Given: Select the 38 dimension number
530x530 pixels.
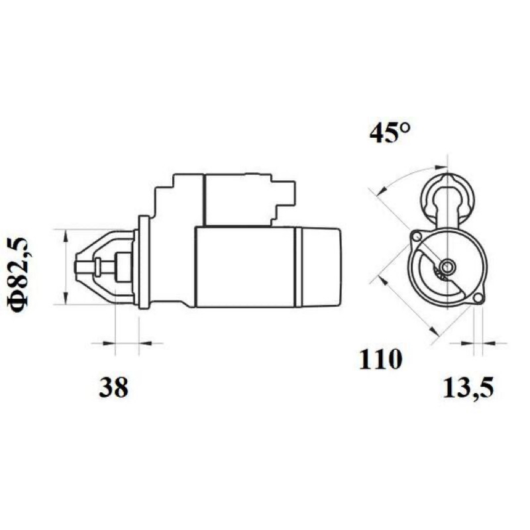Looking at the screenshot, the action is pos(113,387).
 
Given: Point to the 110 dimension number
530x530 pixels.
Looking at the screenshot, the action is pos(380,359).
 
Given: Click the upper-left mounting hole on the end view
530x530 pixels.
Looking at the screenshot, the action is pos(417,237).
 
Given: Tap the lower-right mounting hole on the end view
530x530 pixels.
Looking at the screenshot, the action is pos(477,298).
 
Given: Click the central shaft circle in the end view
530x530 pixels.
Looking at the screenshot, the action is pos(448,266).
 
